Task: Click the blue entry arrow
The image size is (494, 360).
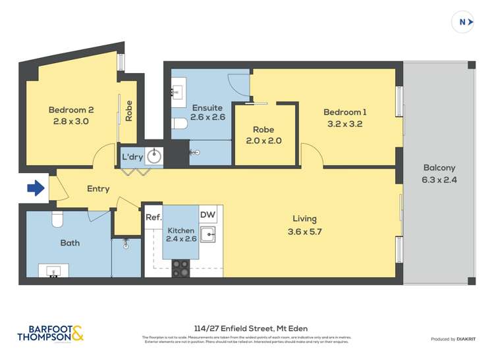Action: click(x=36, y=189)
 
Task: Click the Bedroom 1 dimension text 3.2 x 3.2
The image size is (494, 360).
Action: click(x=346, y=123)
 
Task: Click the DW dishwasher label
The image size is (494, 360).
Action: click(x=207, y=215)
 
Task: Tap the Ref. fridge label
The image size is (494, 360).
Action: click(x=153, y=217)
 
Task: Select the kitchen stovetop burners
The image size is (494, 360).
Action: click(x=180, y=267)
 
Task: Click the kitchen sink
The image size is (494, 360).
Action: click(x=209, y=234)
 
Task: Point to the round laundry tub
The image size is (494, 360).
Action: click(x=153, y=157)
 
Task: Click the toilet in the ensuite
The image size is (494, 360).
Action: click(x=178, y=124)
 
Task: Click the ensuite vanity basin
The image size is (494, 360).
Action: click(x=178, y=92)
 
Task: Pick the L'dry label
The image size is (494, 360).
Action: click(x=130, y=157)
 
